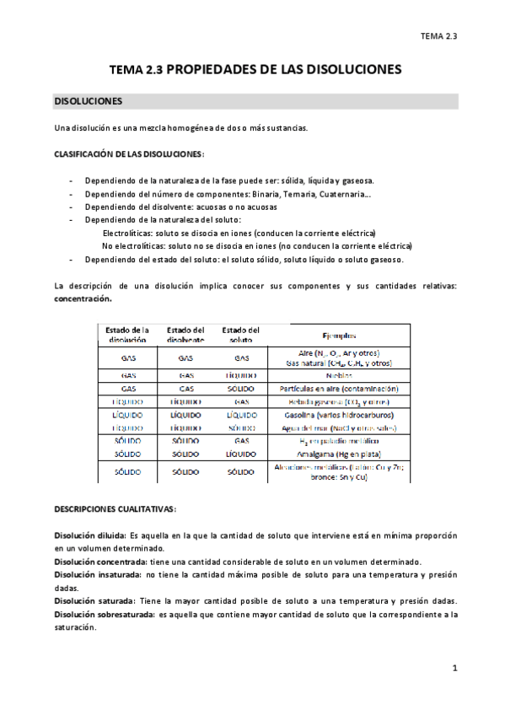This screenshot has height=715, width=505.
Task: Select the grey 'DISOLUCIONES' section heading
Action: click(89, 101)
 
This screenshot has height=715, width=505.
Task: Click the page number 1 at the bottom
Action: click(454, 669)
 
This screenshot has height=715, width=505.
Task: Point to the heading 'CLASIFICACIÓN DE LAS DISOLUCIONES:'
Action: click(129, 154)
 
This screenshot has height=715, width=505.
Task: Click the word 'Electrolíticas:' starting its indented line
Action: click(127, 232)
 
